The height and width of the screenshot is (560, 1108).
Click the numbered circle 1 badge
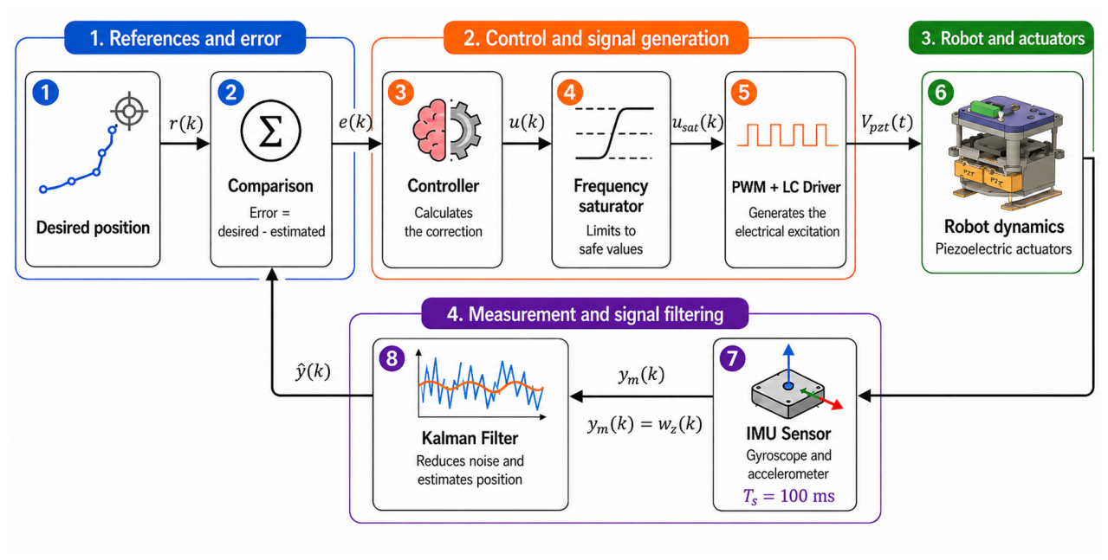(46, 93)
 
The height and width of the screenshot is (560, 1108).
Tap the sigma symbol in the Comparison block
(270, 132)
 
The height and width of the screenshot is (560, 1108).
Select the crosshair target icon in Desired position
(130, 111)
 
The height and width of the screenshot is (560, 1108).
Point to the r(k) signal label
(186, 123)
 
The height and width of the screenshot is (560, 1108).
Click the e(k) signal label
(355, 121)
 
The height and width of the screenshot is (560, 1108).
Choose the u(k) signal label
(527, 121)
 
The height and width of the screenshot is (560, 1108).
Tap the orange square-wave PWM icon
(787, 135)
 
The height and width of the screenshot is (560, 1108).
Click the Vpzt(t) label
(886, 123)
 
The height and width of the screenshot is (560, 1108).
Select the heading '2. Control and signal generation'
(596, 38)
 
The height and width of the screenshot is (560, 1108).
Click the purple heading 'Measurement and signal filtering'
(595, 314)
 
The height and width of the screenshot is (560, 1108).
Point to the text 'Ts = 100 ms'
(789, 496)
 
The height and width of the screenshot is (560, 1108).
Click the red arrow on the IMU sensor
(831, 402)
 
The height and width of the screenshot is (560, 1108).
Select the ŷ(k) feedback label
(313, 370)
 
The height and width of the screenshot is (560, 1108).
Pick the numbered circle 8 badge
(392, 358)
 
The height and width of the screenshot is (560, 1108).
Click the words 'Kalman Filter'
(470, 438)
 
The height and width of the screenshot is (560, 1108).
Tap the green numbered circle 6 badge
(941, 93)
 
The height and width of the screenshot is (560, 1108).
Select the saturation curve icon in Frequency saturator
(614, 133)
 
